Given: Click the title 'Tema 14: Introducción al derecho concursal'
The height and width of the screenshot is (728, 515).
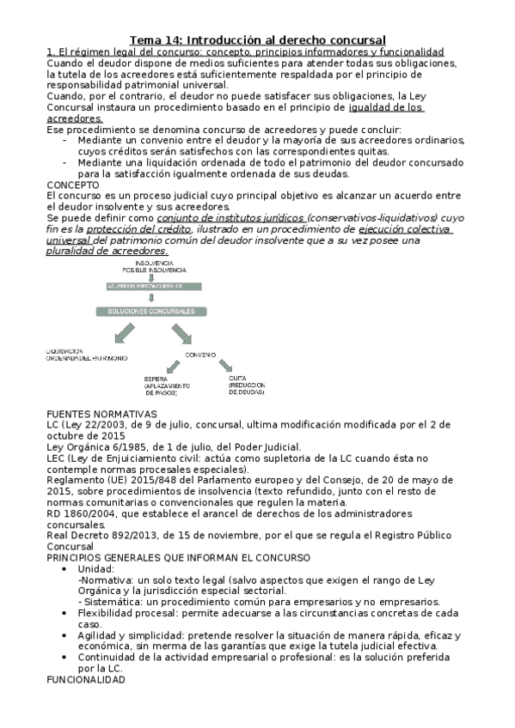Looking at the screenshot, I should pos(257,39).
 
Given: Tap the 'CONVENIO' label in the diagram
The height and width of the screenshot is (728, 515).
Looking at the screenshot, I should pos(199,355).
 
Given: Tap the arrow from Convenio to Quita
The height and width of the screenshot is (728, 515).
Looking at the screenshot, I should pos(229,365).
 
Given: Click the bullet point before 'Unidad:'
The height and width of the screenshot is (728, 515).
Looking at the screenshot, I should pos(66,569).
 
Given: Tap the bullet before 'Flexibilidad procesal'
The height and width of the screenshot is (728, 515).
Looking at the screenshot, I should pos(66,614).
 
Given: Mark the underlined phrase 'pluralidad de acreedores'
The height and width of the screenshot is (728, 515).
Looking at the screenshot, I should pos(106,252).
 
